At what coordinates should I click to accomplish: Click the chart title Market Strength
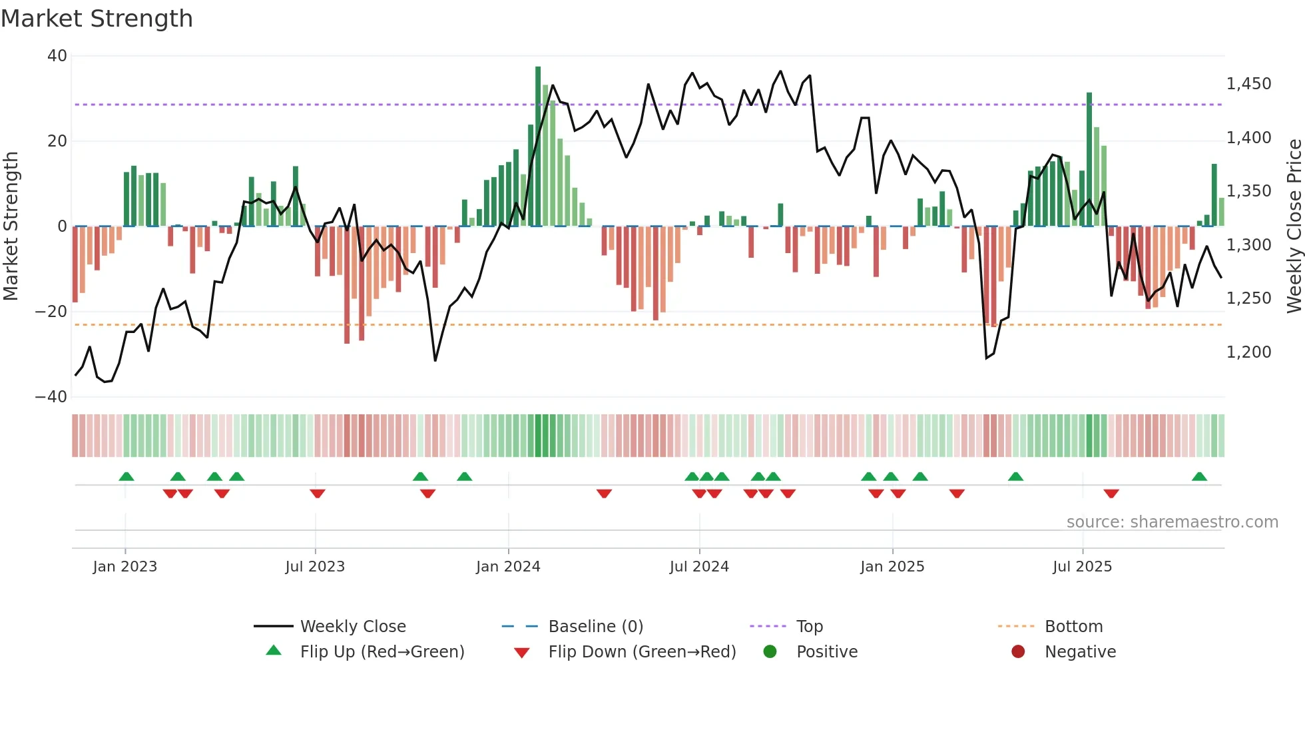click(97, 19)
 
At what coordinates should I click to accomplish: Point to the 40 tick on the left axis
click(57, 56)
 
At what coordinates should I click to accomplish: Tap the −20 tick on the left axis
click(51, 312)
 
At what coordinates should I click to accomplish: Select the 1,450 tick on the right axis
click(1248, 84)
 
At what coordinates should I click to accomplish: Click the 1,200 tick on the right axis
click(1248, 352)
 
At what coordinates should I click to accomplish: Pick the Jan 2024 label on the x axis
click(508, 567)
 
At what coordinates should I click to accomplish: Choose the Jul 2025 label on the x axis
click(1082, 567)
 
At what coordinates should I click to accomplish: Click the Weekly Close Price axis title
click(1294, 226)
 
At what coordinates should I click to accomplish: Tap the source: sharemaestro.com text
click(1172, 522)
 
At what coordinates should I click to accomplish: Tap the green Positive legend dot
click(770, 652)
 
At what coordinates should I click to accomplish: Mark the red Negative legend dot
click(1018, 652)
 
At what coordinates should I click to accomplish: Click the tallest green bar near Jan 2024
click(538, 147)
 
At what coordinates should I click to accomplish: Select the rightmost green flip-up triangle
click(1199, 477)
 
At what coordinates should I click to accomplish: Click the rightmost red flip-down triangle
click(1111, 494)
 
